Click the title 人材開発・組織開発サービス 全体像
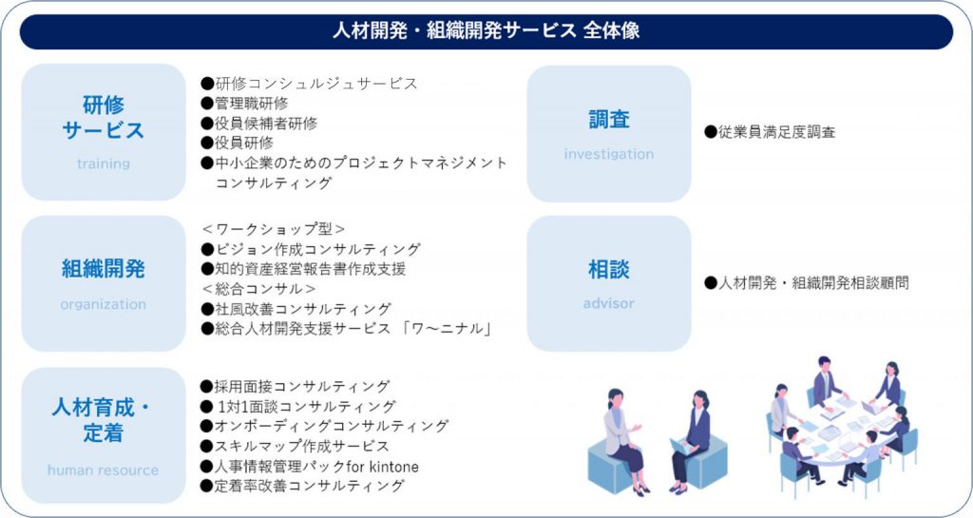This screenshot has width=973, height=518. pos(486,30)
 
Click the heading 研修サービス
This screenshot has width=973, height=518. pos(103,117)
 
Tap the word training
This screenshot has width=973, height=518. pos(103,163)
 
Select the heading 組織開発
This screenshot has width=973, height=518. pos(103,269)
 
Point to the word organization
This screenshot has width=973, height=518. pos(103,304)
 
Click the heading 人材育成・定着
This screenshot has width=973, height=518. pos(103,422)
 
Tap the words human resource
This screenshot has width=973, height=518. pos(103,470)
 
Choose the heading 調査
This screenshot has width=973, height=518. pos(609,120)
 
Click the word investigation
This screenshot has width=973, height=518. pos(609,154)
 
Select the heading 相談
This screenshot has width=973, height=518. pos(609,270)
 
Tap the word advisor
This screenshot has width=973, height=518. pos(609,304)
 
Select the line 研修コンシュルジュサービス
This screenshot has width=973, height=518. pos(310,83)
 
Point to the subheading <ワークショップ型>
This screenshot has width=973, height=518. pos(273,229)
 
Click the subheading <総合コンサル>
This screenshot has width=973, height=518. pos(258,288)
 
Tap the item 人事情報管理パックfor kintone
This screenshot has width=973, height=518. pos(310,466)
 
